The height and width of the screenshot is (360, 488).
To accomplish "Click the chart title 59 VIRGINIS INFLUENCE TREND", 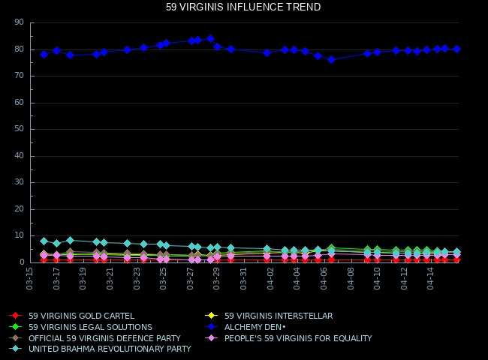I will pyautogui.click(x=243, y=7).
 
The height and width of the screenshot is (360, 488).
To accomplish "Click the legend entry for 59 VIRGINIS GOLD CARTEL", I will pyautogui.click(x=81, y=316).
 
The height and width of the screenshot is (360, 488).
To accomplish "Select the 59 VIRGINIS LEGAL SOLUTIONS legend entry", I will pyautogui.click(x=90, y=327).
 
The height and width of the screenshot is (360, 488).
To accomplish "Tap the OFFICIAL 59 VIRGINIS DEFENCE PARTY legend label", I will pyautogui.click(x=104, y=338).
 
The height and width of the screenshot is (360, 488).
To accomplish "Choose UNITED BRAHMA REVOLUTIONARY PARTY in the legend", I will pyautogui.click(x=110, y=349).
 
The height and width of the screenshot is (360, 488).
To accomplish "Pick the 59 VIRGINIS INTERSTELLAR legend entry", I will pyautogui.click(x=278, y=316).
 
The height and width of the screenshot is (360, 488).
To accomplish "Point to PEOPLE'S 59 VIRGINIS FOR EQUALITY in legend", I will pyautogui.click(x=298, y=338).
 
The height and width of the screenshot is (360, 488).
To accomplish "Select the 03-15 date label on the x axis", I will pyautogui.click(x=30, y=278).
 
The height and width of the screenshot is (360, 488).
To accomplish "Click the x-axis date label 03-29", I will pyautogui.click(x=217, y=278).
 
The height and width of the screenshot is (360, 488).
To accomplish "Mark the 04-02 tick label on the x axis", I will pyautogui.click(x=270, y=278).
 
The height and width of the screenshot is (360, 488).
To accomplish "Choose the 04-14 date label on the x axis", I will pyautogui.click(x=431, y=278).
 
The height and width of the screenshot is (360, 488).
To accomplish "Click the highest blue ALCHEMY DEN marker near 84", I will pyautogui.click(x=210, y=38).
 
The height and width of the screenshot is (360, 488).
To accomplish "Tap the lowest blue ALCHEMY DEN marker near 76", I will pyautogui.click(x=331, y=59).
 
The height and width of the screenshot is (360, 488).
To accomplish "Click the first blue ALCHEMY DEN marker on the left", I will pyautogui.click(x=44, y=54).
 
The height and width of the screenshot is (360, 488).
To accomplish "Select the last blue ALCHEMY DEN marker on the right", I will pyautogui.click(x=456, y=49).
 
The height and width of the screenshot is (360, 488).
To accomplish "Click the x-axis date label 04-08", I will pyautogui.click(x=351, y=278).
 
